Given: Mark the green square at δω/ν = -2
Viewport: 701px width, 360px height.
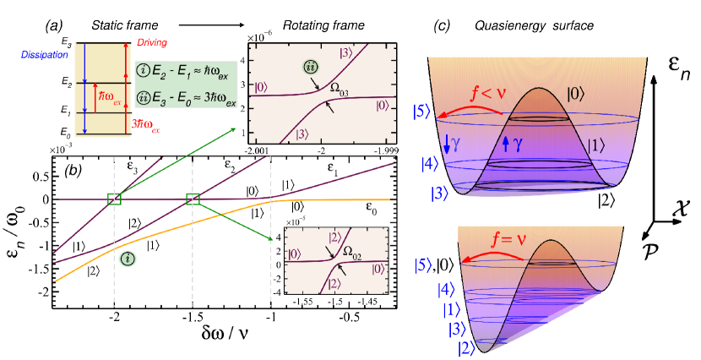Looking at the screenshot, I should click(114, 199).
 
